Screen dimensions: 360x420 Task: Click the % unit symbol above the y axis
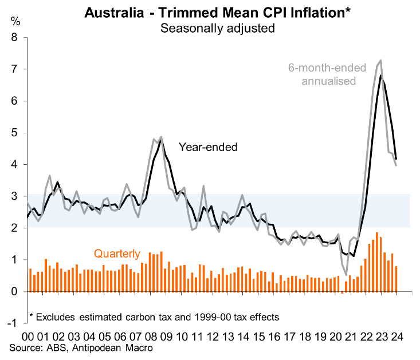[x=15, y=22]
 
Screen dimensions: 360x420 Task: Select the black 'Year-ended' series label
[x=208, y=147]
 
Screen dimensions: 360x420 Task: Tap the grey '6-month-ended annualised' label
[x=327, y=74]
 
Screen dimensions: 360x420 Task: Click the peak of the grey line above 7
[x=381, y=60]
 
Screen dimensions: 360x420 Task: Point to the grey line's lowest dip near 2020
[x=347, y=275]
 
